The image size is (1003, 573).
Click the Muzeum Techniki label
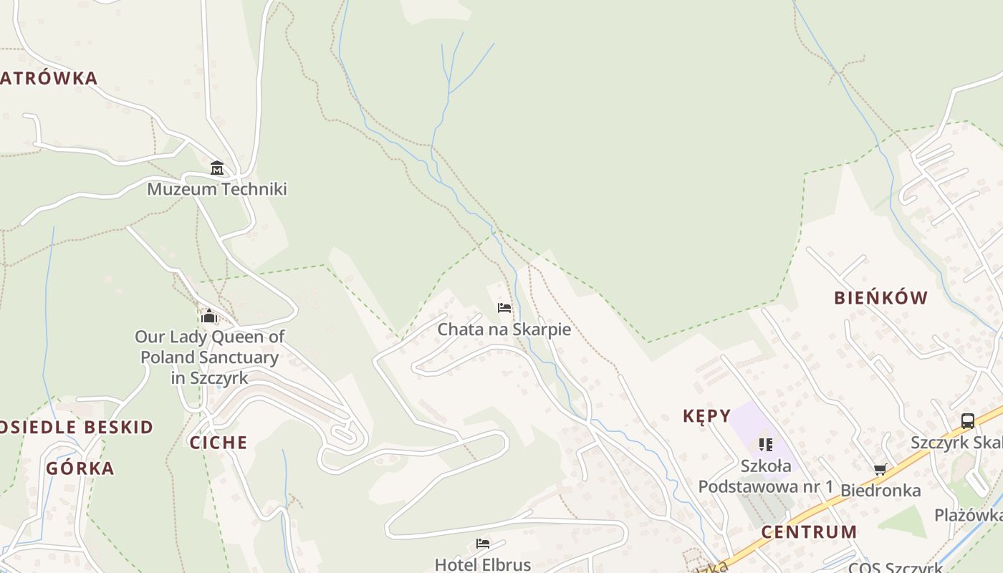(x=217, y=189)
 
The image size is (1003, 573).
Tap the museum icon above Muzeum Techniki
(x=217, y=168)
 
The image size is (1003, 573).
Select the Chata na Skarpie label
(x=504, y=329)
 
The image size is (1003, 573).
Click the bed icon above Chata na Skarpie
(x=504, y=308)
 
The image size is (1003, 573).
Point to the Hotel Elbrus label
(x=483, y=564)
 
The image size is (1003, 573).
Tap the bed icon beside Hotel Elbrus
(x=483, y=544)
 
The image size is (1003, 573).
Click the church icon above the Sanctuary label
(x=209, y=315)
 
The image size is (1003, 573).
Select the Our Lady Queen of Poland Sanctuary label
(x=209, y=357)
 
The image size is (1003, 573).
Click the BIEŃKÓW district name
(x=880, y=298)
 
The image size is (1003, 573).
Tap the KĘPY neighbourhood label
(x=706, y=416)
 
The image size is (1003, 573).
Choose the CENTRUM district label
(x=809, y=532)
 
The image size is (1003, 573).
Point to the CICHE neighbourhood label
(x=219, y=443)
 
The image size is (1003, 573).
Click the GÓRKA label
(x=80, y=468)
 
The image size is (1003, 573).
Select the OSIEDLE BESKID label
(x=76, y=428)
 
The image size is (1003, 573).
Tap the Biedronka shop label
(x=880, y=491)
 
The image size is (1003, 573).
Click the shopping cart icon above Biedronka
(x=880, y=470)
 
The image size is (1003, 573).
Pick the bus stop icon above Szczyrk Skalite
(x=968, y=421)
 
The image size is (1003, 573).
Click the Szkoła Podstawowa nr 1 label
(x=766, y=476)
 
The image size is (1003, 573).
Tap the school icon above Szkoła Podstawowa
(x=766, y=445)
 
